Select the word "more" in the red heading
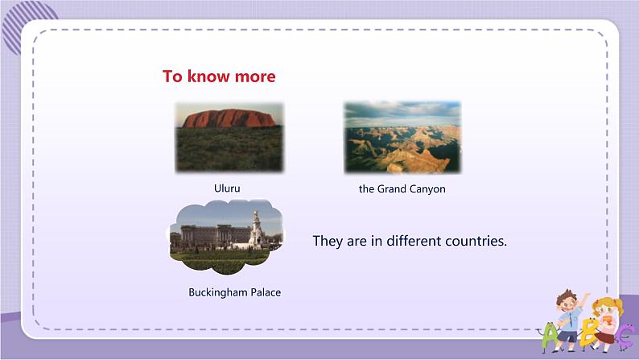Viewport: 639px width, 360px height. pyautogui.click(x=255, y=77)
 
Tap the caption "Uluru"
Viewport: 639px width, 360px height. pyautogui.click(x=227, y=188)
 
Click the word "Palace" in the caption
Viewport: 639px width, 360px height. pyautogui.click(x=266, y=292)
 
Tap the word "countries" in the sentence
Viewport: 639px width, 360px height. pyautogui.click(x=476, y=242)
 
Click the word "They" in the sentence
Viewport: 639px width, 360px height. pyautogui.click(x=328, y=242)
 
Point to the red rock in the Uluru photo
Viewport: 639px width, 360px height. pyautogui.click(x=229, y=118)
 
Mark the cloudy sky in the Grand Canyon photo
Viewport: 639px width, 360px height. pyautogui.click(x=402, y=114)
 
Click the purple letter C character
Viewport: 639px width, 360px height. pyautogui.click(x=625, y=337)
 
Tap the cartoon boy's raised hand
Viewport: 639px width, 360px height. pyautogui.click(x=586, y=296)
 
